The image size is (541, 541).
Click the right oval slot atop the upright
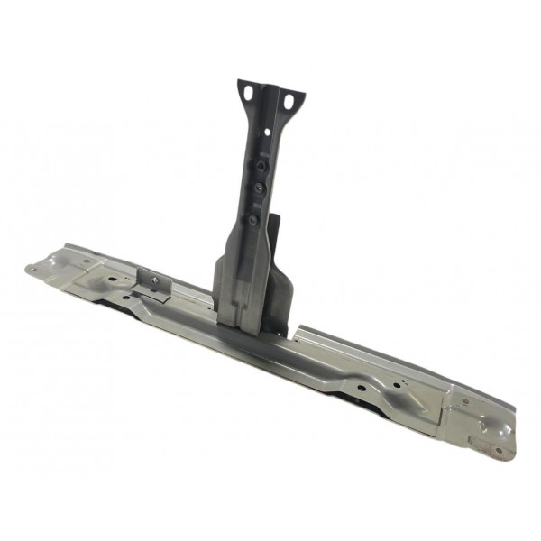289,101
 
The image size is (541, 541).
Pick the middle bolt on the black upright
257,188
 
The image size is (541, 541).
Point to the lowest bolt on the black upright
253,217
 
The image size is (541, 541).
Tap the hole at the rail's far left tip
32,267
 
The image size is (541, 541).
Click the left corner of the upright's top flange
240,84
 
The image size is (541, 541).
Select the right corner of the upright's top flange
302,94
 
